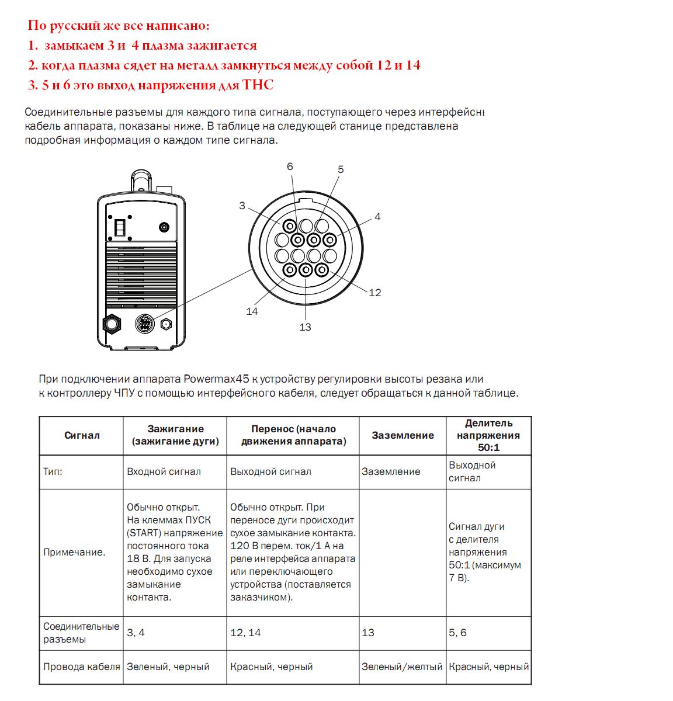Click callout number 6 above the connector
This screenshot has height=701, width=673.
click(290, 166)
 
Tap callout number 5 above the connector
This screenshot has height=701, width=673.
click(341, 169)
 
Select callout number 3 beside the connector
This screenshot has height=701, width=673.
click(242, 206)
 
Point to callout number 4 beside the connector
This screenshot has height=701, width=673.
click(377, 217)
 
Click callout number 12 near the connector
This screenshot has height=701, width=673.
click(374, 292)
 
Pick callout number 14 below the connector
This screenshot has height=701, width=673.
click(252, 311)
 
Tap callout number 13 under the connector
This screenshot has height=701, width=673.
click(305, 327)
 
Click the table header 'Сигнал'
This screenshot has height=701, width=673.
click(82, 435)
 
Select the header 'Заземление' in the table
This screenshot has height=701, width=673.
click(403, 435)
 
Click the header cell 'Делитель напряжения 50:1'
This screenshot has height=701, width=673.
click(488, 435)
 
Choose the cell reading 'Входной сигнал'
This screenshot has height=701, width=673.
click(164, 471)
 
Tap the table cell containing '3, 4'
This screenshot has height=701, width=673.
click(136, 633)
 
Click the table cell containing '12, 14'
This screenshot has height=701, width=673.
click(245, 633)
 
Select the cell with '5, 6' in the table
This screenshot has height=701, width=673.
click(457, 633)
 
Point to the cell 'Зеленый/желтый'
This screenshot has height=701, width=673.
click(402, 667)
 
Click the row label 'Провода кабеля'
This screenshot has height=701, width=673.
click(81, 667)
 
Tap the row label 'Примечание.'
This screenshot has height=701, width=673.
click(74, 552)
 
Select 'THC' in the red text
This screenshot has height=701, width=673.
click(258, 85)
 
